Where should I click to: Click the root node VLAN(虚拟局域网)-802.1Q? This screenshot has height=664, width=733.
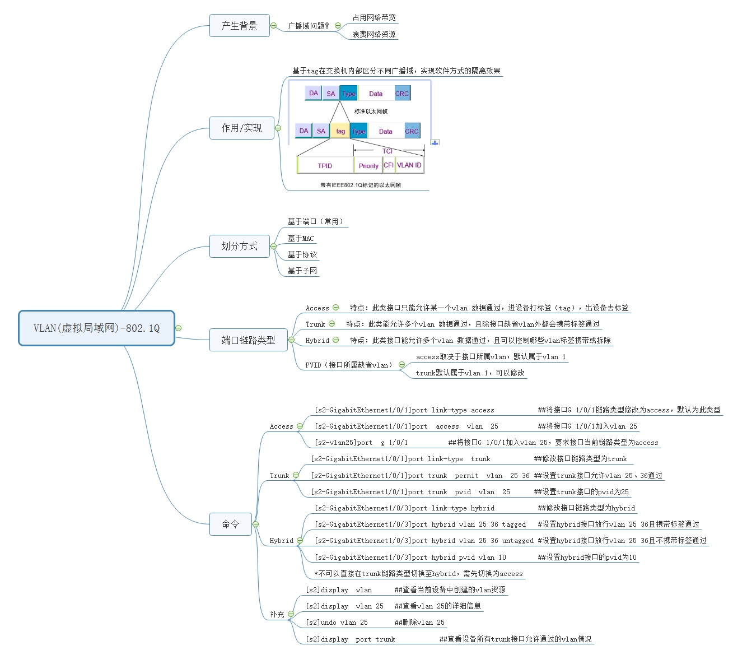(x=96, y=328)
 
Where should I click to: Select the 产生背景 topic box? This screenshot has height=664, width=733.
(x=239, y=26)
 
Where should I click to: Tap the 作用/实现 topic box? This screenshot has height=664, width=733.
(x=241, y=128)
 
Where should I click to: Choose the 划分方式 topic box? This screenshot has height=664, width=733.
(x=239, y=246)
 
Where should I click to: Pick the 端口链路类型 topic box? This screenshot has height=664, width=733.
(x=248, y=340)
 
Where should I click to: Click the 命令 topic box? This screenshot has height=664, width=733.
(x=230, y=524)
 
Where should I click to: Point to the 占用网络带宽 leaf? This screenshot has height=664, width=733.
(x=374, y=18)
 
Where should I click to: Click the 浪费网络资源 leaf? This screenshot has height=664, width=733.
(x=374, y=35)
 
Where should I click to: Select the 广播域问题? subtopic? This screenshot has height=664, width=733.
(x=309, y=26)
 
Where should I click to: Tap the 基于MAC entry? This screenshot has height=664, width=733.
(x=301, y=239)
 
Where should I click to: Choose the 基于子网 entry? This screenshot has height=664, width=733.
(x=302, y=271)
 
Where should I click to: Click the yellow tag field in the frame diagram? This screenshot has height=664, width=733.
(x=340, y=131)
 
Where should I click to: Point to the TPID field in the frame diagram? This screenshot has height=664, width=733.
(x=325, y=166)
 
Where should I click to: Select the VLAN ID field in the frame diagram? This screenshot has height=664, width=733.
(x=409, y=165)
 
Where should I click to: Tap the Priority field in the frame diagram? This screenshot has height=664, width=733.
(x=368, y=166)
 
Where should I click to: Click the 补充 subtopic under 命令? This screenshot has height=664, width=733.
(x=277, y=615)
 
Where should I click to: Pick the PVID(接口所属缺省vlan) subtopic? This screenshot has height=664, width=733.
(x=349, y=365)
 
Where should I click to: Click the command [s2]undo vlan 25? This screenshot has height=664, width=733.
(x=337, y=623)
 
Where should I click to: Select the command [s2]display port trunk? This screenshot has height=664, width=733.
(x=350, y=639)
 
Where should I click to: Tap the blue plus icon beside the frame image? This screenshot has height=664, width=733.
(x=435, y=143)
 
